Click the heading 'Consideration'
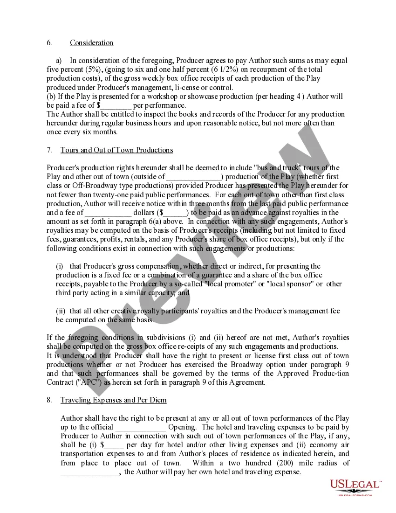pos(91,43)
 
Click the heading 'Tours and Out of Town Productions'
pos(116,150)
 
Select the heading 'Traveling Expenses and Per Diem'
pos(113,400)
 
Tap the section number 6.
pos(49,43)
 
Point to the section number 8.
pos(49,400)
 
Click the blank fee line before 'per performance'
pos(117,105)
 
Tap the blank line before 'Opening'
pos(141,427)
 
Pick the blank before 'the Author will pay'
pos(91,472)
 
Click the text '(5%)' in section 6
pos(74,70)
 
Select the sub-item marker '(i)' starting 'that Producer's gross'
pos(60,266)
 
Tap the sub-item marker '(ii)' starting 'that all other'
pos(61,311)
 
